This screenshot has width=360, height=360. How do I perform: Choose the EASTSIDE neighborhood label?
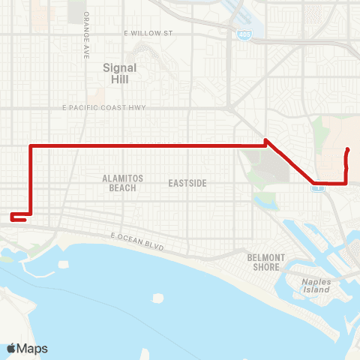[x=187, y=183]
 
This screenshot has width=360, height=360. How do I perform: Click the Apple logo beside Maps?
[x=12, y=349]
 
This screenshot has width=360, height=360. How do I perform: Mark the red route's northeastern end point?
[x=349, y=151]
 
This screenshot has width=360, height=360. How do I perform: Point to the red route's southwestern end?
[x=12, y=219]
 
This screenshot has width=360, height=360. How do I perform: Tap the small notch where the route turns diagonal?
[x=266, y=140]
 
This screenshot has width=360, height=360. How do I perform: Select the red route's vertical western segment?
[x=30, y=180]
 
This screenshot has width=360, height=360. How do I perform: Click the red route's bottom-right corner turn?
[x=346, y=182]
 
